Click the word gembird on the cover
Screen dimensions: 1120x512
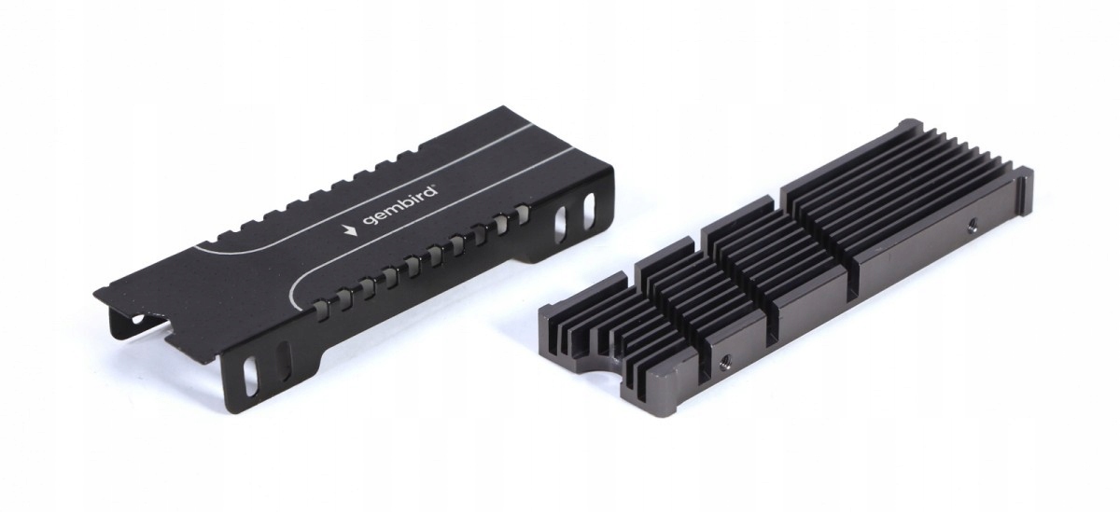[399, 206]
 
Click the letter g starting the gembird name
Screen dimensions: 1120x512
[369, 221]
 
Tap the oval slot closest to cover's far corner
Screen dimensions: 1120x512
[589, 206]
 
